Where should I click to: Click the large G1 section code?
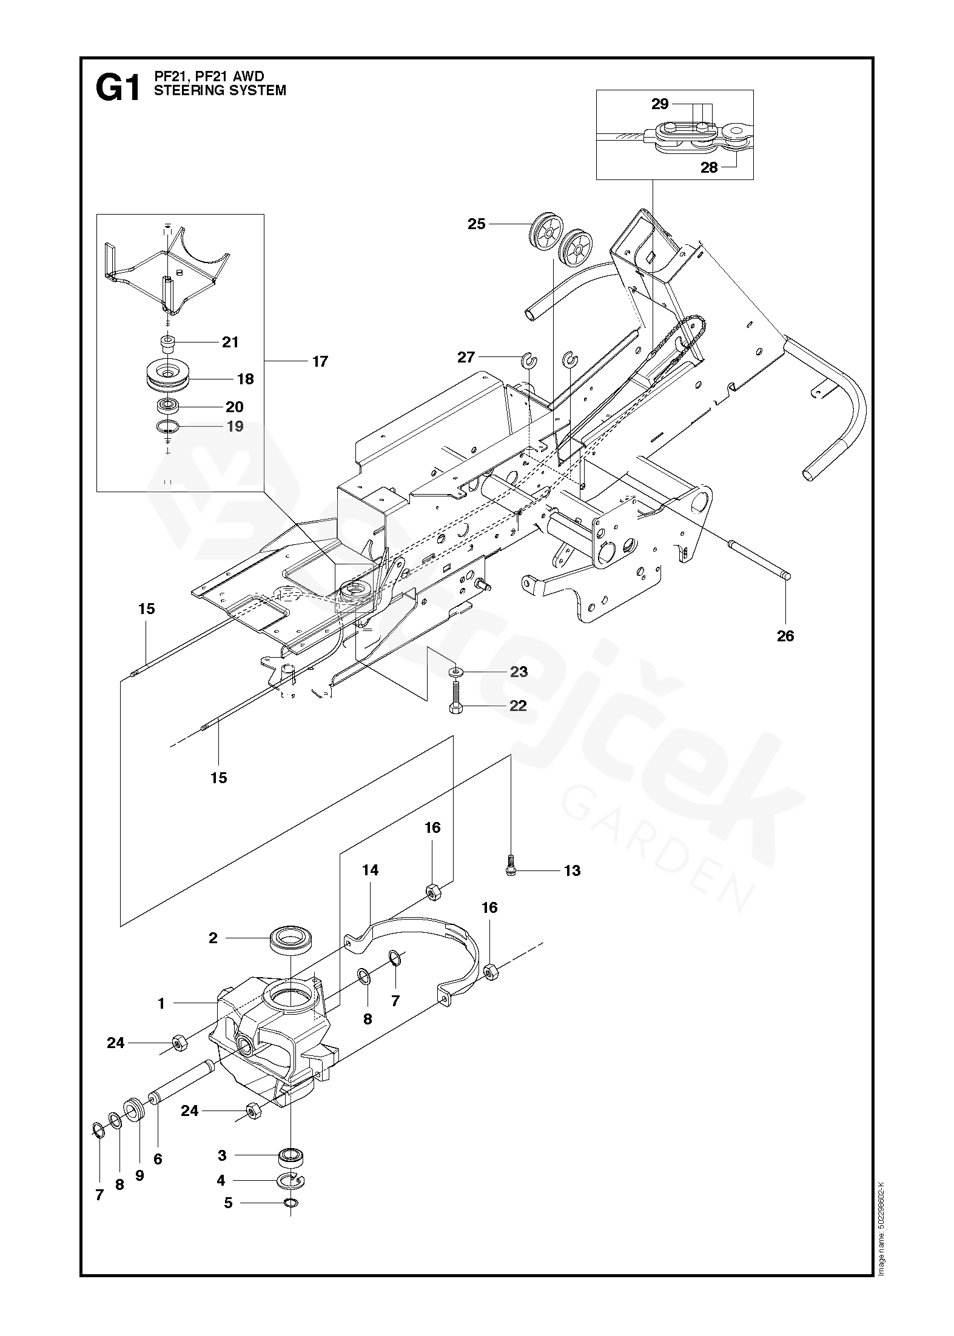pos(117,89)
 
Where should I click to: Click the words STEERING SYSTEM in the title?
pos(220,91)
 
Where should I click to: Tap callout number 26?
pos(785,636)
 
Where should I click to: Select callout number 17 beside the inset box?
pos(320,362)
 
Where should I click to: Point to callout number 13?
pos(572,870)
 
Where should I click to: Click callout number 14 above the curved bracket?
pos(370,870)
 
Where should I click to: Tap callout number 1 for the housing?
pos(161,1004)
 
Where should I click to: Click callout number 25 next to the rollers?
pos(477,224)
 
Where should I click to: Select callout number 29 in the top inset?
pos(660,104)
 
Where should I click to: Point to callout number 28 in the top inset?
pos(709,168)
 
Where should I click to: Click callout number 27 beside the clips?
pos(466,358)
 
